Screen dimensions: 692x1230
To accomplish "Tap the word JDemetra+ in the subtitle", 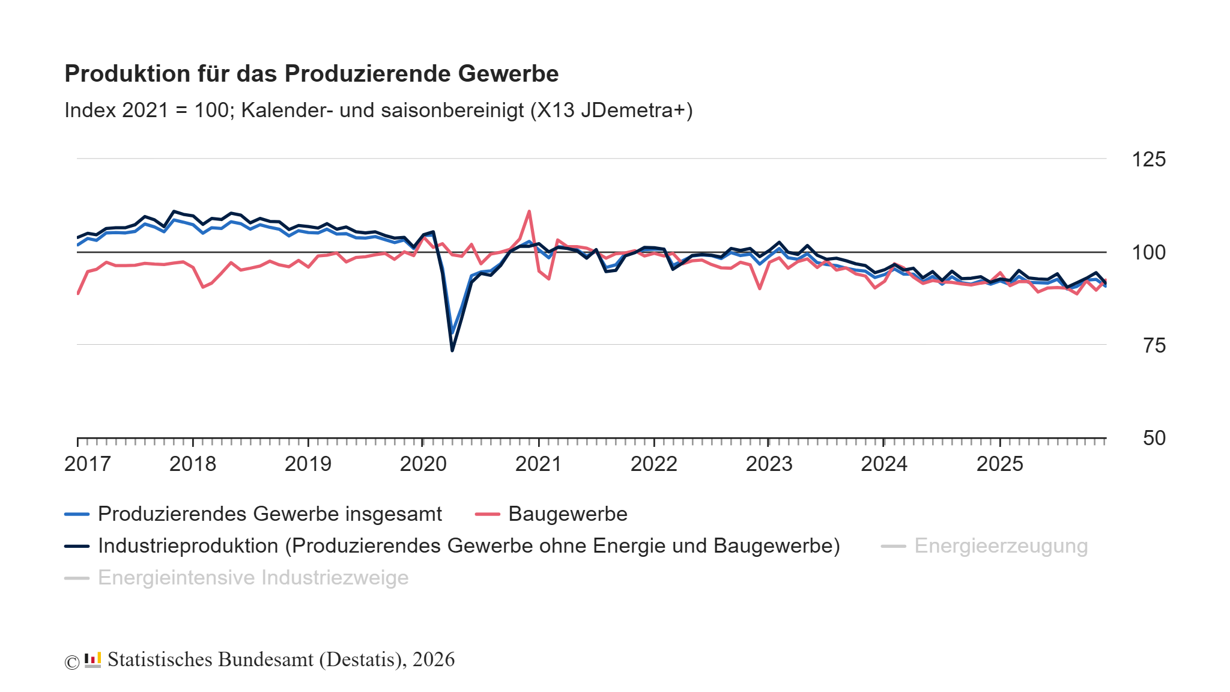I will pos(637,111).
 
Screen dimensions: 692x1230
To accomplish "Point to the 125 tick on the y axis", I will pos(1148,160).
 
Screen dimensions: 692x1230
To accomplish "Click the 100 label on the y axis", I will pos(1148,253).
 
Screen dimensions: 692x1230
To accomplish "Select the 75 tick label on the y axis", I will pos(1154,346).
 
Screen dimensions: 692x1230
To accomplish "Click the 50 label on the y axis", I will pos(1154,439).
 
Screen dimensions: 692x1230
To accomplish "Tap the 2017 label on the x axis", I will pos(88,464).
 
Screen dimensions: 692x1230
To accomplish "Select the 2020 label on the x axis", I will pos(423,464).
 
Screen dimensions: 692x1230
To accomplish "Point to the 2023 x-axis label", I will pos(769,464).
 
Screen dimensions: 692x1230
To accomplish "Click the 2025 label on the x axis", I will pos(999,464).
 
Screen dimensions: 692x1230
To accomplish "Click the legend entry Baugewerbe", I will pos(567,514).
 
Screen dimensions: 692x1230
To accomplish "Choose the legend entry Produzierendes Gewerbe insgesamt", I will pos(270,514).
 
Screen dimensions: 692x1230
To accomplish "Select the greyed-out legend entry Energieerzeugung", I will pos(1001,546).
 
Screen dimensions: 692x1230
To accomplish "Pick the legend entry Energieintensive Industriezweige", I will pos(253,578).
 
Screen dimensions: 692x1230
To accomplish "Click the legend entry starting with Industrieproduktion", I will pos(468,546).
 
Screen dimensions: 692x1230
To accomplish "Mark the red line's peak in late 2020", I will pos(529,211).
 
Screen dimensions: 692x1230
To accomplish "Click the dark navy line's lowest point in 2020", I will pos(452,350).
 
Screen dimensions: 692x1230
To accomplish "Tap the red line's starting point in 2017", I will pos(78,293).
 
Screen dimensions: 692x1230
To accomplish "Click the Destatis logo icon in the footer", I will pos(92,660).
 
